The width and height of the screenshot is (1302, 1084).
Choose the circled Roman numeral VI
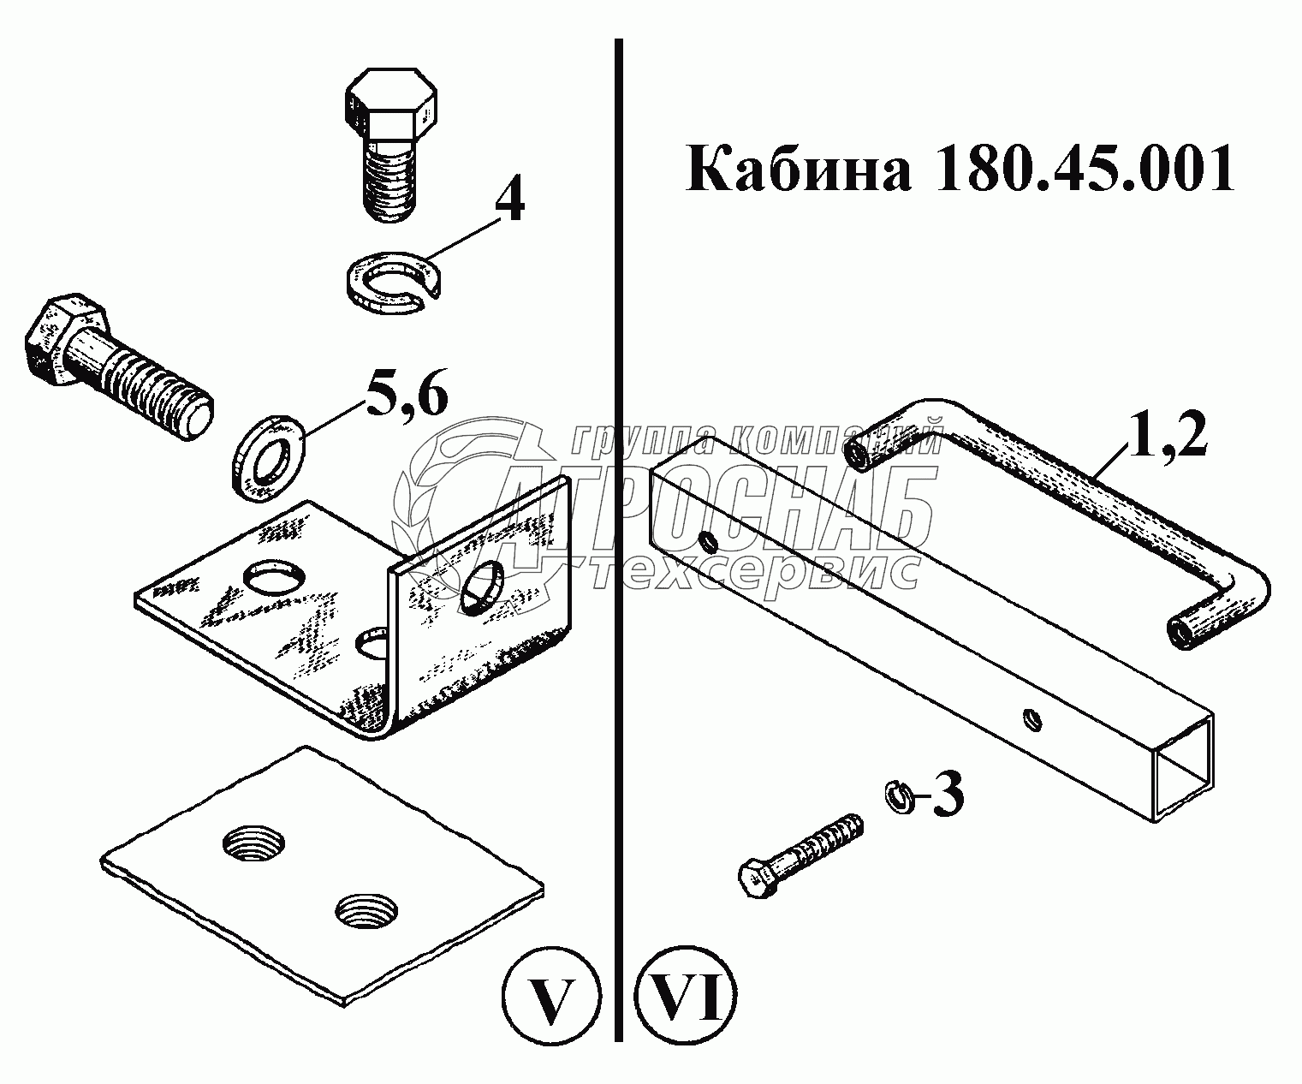click(687, 998)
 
